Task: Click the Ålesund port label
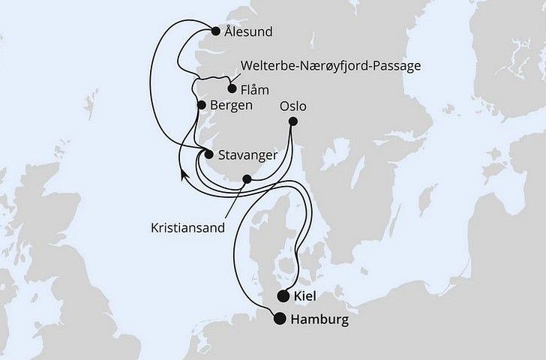click(247, 32)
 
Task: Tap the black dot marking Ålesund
click(217, 31)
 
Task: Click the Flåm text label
click(254, 89)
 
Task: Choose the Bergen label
click(232, 106)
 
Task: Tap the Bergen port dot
click(200, 106)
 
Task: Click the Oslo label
click(293, 105)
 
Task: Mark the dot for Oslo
click(293, 121)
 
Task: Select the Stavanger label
click(247, 154)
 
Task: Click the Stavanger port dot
click(209, 154)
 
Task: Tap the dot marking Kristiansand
click(247, 179)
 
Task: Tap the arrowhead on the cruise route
click(182, 175)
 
